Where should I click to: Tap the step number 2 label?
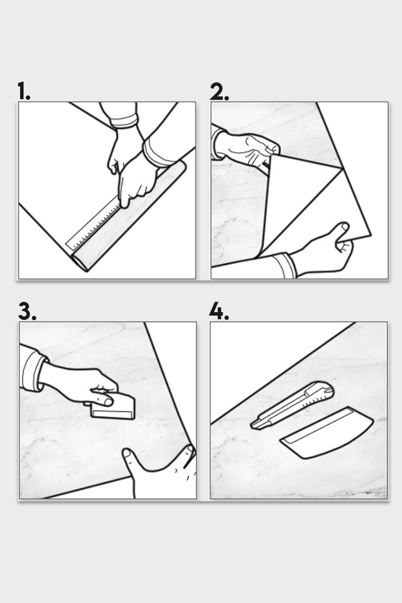pyautogui.click(x=219, y=91)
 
